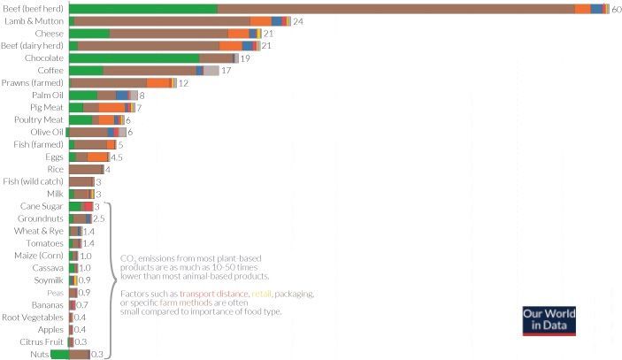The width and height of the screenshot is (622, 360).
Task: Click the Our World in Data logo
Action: tap(549, 320)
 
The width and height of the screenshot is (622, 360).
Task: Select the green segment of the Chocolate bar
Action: tap(134, 57)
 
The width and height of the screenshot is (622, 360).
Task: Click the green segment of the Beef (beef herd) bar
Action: tap(142, 8)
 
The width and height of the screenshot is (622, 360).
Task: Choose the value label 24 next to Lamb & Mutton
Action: tap(298, 20)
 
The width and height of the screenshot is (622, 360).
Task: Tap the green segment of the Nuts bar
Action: tap(59, 354)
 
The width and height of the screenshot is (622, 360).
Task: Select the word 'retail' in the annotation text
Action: tap(263, 293)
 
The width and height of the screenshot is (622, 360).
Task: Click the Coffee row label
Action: tap(50, 70)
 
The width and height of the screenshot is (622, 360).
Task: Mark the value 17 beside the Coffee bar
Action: tap(226, 70)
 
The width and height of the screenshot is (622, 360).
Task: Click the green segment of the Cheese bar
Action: tap(88, 33)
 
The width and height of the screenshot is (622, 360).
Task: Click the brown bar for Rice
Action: tap(86, 169)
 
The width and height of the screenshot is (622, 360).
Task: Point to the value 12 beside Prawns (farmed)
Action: tap(183, 82)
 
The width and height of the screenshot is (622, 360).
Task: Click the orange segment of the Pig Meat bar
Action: tap(111, 107)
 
